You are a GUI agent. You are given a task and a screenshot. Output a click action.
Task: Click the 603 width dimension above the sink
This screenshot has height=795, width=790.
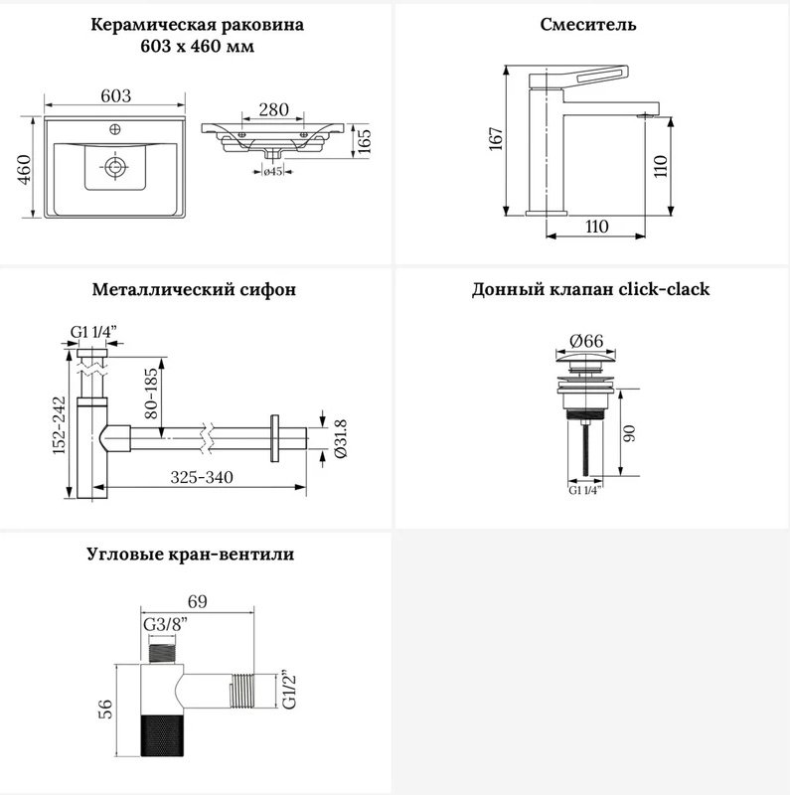[x=115, y=95]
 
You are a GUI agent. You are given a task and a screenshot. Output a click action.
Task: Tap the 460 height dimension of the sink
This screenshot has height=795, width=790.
[x=24, y=169]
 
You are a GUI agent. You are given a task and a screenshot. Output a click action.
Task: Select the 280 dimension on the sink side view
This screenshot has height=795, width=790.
[x=273, y=109]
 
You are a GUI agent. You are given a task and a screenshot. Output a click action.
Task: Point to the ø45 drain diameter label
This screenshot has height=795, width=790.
[x=273, y=171]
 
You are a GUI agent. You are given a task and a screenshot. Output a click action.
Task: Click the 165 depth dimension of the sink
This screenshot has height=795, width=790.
[x=364, y=141]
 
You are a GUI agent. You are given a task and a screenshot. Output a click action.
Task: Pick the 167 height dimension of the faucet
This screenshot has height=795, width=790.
[x=496, y=139]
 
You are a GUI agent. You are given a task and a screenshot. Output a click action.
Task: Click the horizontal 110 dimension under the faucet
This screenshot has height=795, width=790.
[x=596, y=227]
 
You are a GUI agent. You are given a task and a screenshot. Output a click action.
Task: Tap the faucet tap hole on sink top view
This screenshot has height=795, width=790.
[x=115, y=129]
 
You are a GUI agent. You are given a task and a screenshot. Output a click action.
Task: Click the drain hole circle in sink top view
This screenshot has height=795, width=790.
[x=115, y=166]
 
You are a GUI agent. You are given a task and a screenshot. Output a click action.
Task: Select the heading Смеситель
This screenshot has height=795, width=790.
[x=587, y=24]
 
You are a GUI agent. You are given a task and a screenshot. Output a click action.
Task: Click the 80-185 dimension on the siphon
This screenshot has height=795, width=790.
[x=152, y=393]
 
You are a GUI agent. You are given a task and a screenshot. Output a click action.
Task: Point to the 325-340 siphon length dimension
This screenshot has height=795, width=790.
[x=202, y=477]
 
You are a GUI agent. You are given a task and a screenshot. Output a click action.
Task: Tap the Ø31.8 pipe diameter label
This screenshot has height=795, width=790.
[x=340, y=438]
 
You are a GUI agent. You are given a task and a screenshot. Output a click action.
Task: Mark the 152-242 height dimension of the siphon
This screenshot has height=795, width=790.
[x=60, y=425]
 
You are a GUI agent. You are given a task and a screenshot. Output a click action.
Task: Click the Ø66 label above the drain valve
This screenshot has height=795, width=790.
[x=586, y=341]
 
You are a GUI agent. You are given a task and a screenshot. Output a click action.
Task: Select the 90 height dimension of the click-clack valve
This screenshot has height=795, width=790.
[x=629, y=433]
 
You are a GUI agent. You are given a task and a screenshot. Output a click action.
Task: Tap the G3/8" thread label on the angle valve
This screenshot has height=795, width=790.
[x=165, y=624]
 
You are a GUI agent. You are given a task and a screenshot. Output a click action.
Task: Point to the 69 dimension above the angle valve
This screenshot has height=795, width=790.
[x=197, y=601]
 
